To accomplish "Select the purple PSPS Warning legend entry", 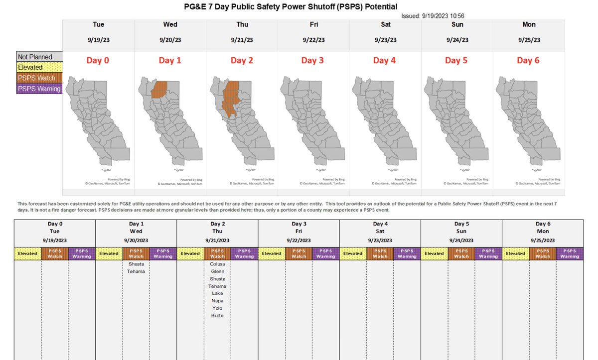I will (x=39, y=89).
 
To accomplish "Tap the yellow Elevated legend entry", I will (x=31, y=67).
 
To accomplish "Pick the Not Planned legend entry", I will (x=35, y=57).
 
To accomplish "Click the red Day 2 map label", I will (x=241, y=60).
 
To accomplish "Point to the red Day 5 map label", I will (x=452, y=60).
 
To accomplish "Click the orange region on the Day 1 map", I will (x=159, y=90).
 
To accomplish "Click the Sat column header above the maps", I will (x=385, y=24).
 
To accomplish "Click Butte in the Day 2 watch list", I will (x=217, y=316).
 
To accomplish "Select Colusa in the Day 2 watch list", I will (x=217, y=264).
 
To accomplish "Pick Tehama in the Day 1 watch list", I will (x=136, y=271).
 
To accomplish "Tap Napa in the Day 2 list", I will (x=217, y=301).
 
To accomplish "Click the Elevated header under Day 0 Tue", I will (x=27, y=253).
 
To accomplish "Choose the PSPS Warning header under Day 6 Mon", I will (x=570, y=253).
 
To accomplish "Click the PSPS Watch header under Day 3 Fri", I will (x=299, y=253).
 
